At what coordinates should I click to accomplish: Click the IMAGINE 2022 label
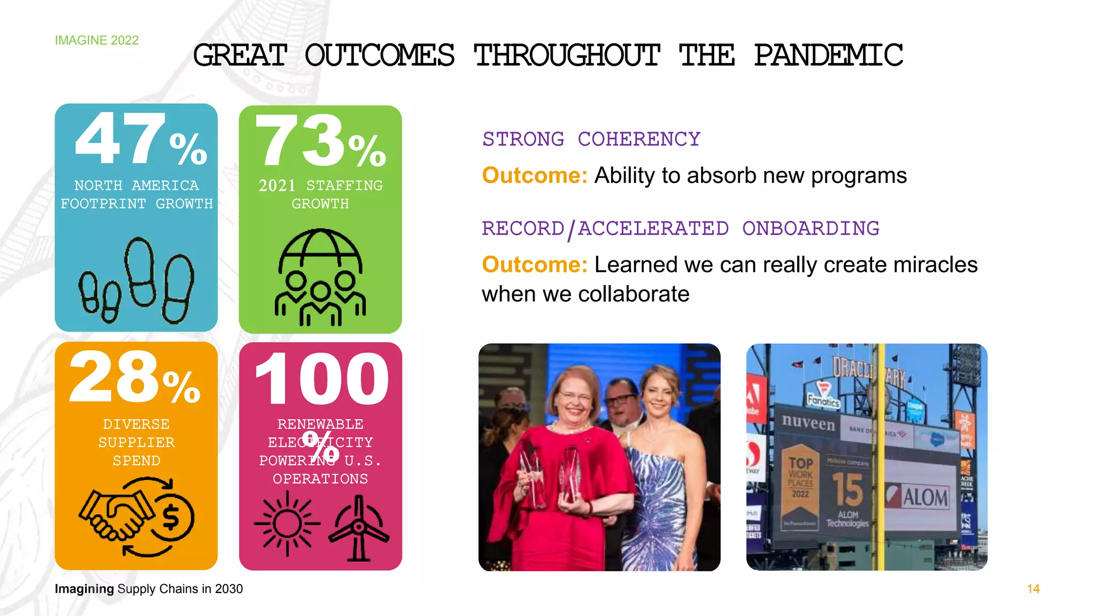(97, 41)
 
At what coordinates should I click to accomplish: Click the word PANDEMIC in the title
(828, 56)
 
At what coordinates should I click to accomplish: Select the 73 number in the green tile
(300, 141)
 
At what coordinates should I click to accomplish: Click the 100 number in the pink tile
(321, 380)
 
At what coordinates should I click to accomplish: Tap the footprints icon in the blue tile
(136, 281)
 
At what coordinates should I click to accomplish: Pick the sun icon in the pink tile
(287, 523)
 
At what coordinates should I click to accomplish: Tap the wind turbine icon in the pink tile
(359, 528)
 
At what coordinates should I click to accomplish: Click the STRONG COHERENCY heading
(591, 140)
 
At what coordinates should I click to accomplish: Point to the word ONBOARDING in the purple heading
(811, 229)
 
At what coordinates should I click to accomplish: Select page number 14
(1033, 589)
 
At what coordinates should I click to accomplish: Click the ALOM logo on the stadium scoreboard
(919, 497)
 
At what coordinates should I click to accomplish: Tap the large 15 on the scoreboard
(847, 489)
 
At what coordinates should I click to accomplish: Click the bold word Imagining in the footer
(84, 589)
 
